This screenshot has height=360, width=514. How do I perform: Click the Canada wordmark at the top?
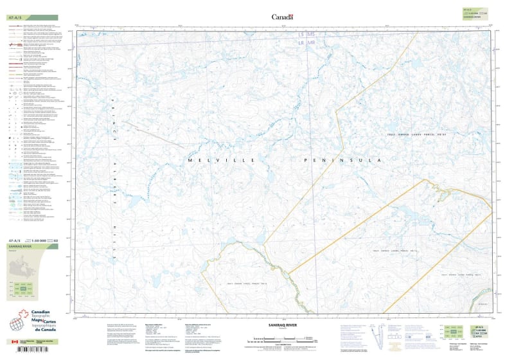tap(282, 17)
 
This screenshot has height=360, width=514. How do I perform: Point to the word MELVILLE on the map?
tap(222, 159)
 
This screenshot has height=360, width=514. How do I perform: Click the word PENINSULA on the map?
tap(343, 159)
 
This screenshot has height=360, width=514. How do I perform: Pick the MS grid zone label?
tap(312, 34)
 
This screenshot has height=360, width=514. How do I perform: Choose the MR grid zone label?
tap(312, 42)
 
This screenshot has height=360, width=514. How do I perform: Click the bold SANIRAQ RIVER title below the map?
tap(283, 327)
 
